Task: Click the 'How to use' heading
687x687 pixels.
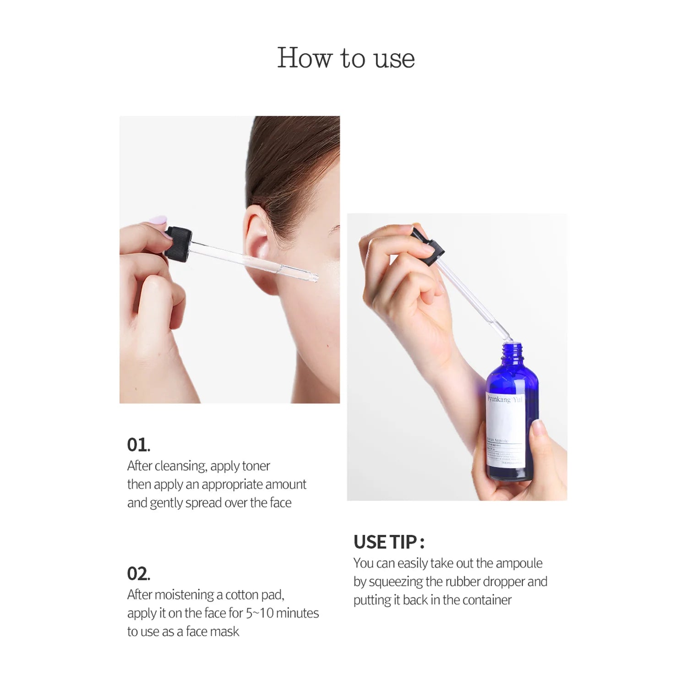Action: (x=346, y=58)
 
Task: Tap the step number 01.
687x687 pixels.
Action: (x=138, y=445)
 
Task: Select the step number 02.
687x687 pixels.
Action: (x=138, y=573)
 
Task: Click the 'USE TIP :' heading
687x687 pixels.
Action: (x=389, y=542)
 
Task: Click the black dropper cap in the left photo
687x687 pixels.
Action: (x=179, y=244)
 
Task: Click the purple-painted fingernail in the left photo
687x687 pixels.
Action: (x=159, y=221)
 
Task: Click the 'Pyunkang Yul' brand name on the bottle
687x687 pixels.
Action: (x=504, y=399)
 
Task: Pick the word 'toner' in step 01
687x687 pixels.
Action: (x=256, y=466)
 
